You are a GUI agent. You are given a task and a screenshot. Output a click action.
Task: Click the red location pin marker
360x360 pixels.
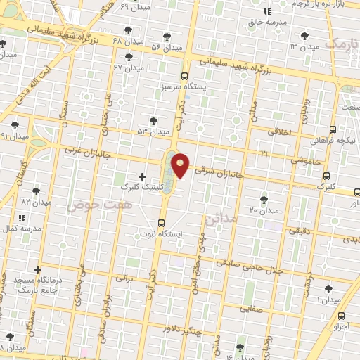pyautogui.click(x=181, y=165)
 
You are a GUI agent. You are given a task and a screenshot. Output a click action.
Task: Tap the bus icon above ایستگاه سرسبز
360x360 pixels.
pyautogui.click(x=184, y=76)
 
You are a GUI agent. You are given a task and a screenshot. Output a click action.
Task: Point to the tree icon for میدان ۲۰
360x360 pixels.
pyautogui.click(x=264, y=200)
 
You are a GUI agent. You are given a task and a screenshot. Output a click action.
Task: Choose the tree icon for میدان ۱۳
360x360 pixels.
pyautogui.click(x=304, y=35)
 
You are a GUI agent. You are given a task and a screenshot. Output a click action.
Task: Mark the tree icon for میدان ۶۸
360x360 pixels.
pyautogui.click(x=127, y=30)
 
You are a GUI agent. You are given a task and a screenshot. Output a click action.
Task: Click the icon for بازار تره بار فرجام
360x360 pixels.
pyautogui.click(x=266, y=12)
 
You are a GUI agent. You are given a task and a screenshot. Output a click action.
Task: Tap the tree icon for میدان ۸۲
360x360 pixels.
pyautogui.click(x=36, y=191)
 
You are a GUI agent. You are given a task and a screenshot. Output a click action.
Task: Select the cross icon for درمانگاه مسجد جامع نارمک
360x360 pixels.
pyautogui.click(x=37, y=269)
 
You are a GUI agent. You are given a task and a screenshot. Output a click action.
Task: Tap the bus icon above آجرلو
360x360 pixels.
pyautogui.click(x=341, y=316)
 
